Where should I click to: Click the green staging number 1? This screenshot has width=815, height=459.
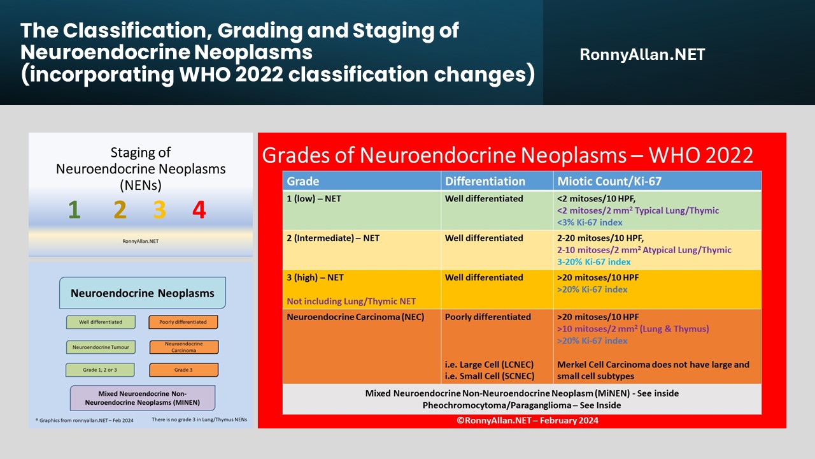click(74, 210)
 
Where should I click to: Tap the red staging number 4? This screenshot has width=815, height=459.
click(199, 210)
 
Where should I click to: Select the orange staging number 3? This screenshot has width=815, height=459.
click(159, 210)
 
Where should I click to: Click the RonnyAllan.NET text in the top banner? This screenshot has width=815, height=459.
click(642, 55)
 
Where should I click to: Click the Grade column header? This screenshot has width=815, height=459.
click(303, 181)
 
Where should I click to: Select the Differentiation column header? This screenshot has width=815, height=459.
click(485, 181)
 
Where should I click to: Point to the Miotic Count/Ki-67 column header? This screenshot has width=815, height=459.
click(609, 181)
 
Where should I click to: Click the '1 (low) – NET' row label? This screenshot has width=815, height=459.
click(314, 199)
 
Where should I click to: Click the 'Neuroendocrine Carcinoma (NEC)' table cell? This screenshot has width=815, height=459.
click(355, 317)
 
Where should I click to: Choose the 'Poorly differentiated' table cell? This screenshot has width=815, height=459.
click(488, 317)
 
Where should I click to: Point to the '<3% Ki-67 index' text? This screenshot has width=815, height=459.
click(590, 222)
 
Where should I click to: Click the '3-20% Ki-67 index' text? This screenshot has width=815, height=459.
click(593, 262)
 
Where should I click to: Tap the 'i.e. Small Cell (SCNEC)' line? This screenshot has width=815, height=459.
click(490, 376)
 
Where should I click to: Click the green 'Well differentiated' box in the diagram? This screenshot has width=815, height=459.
click(101, 322)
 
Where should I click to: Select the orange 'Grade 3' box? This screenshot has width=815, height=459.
click(183, 370)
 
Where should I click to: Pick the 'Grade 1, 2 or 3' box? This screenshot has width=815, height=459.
click(101, 370)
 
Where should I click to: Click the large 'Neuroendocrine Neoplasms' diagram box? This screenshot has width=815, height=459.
click(143, 294)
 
